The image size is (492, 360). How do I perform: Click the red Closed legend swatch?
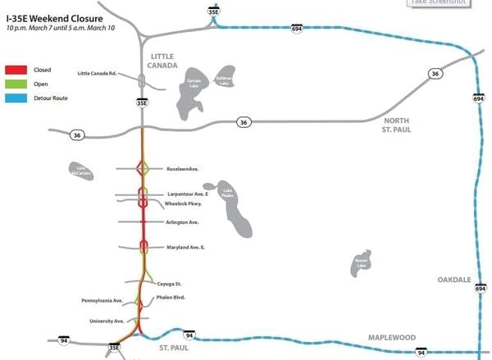click(16, 70)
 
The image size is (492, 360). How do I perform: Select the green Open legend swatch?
click(16, 84)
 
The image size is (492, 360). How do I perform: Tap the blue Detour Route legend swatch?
click(16, 98)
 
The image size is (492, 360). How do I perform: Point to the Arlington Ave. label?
click(182, 222)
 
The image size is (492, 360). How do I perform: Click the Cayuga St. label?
click(169, 283)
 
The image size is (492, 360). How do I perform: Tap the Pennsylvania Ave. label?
click(102, 301)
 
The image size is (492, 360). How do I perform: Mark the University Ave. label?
click(107, 321)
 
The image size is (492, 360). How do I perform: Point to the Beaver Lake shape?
click(360, 261)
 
